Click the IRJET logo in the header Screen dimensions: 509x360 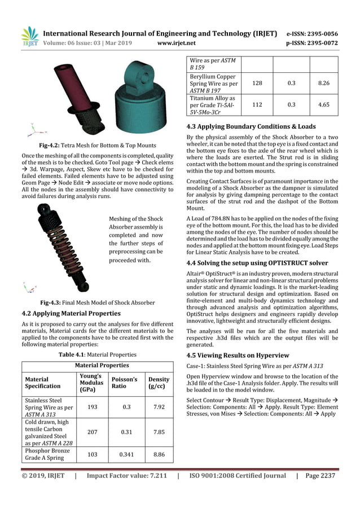(x=29, y=36)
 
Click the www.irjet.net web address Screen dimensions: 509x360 (x=177, y=42)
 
